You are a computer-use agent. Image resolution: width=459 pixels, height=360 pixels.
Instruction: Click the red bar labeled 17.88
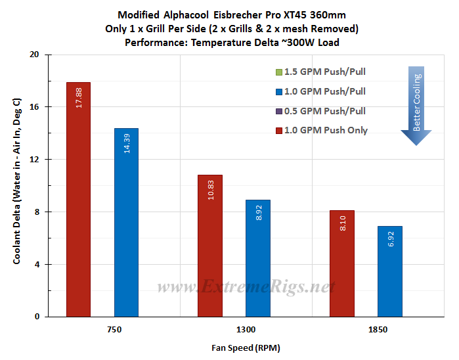tap(78, 200)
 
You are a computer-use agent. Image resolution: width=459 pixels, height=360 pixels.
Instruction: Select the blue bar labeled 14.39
tap(127, 222)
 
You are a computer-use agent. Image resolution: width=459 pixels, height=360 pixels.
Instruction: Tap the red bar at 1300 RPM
tap(210, 246)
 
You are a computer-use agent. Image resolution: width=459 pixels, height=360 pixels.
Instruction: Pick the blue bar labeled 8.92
tap(258, 258)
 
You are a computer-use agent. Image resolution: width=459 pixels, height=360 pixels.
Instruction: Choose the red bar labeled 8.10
tap(342, 263)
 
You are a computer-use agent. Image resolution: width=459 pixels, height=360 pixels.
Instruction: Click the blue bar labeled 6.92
tap(390, 271)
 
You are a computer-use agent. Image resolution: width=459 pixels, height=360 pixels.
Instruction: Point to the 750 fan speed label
tap(114, 330)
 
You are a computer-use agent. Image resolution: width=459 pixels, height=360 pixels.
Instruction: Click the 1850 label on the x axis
tap(378, 330)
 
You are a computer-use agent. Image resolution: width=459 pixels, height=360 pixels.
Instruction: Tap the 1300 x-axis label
tap(246, 330)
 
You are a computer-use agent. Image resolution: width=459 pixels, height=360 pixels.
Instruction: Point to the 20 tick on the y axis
tap(34, 55)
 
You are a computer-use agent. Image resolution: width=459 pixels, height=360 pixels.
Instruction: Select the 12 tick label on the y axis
tap(34, 160)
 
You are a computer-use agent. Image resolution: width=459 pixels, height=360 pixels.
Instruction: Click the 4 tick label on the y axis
tap(37, 265)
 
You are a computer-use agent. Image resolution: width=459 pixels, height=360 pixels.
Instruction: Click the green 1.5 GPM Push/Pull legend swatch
tap(279, 72)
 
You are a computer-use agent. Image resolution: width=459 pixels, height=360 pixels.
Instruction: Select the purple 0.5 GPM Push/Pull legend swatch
tap(279, 111)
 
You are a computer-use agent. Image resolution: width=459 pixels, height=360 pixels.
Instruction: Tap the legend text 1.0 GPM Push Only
tap(326, 130)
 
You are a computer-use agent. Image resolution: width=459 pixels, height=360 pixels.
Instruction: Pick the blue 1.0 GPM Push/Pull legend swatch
tap(279, 92)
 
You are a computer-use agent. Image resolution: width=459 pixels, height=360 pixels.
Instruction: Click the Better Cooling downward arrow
tap(416, 106)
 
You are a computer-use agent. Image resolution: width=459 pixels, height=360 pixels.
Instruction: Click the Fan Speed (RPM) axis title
tap(246, 348)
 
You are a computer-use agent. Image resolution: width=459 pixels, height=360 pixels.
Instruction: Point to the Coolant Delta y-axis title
tap(17, 181)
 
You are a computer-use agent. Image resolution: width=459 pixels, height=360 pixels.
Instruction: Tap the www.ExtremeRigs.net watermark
tap(246, 286)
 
